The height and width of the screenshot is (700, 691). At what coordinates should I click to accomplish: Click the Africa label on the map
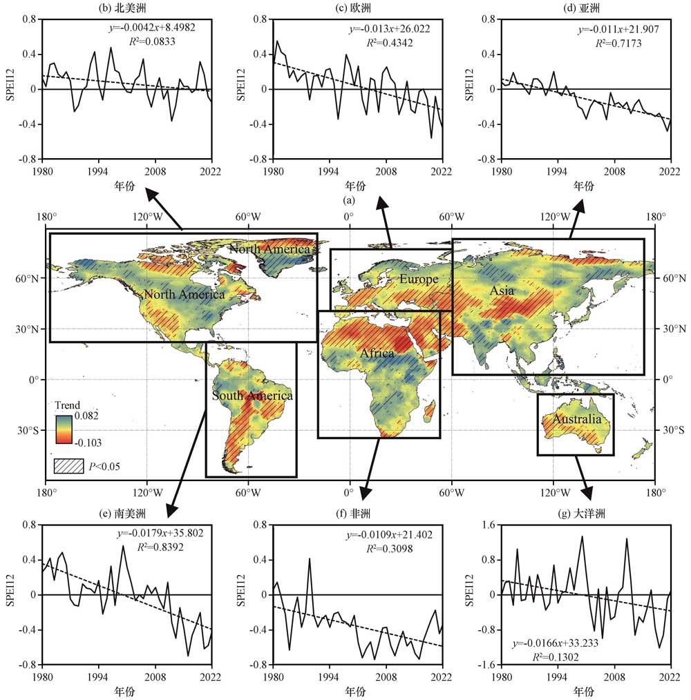[x=377, y=353]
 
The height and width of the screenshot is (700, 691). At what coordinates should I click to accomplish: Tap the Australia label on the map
[x=576, y=419]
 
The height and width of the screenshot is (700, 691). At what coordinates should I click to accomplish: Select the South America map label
[x=252, y=396]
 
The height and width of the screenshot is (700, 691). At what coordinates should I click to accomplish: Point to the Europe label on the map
[x=418, y=279]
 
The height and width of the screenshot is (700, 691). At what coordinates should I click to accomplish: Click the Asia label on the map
[x=502, y=291]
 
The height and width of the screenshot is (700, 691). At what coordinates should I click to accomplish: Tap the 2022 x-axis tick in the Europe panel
[x=442, y=171]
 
